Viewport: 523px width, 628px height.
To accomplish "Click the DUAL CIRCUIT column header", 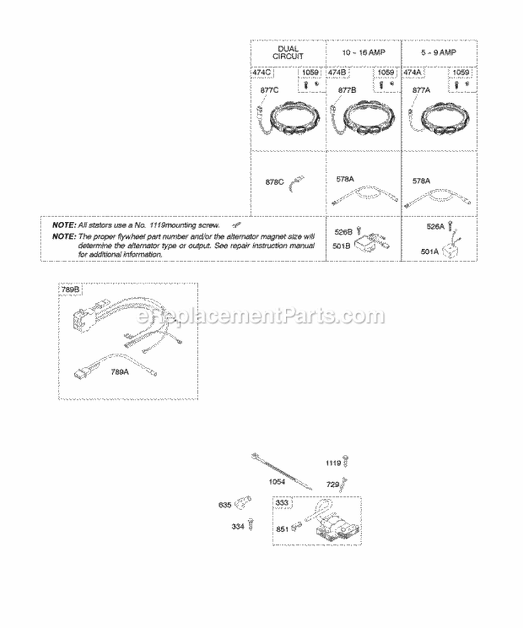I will coord(288,52).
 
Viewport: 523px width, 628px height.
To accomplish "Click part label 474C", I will coord(264,72).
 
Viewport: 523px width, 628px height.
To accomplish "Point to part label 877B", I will coord(347,90).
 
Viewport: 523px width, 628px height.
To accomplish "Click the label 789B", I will coord(70,289).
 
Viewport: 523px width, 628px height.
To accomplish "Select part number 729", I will coord(333,483).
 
